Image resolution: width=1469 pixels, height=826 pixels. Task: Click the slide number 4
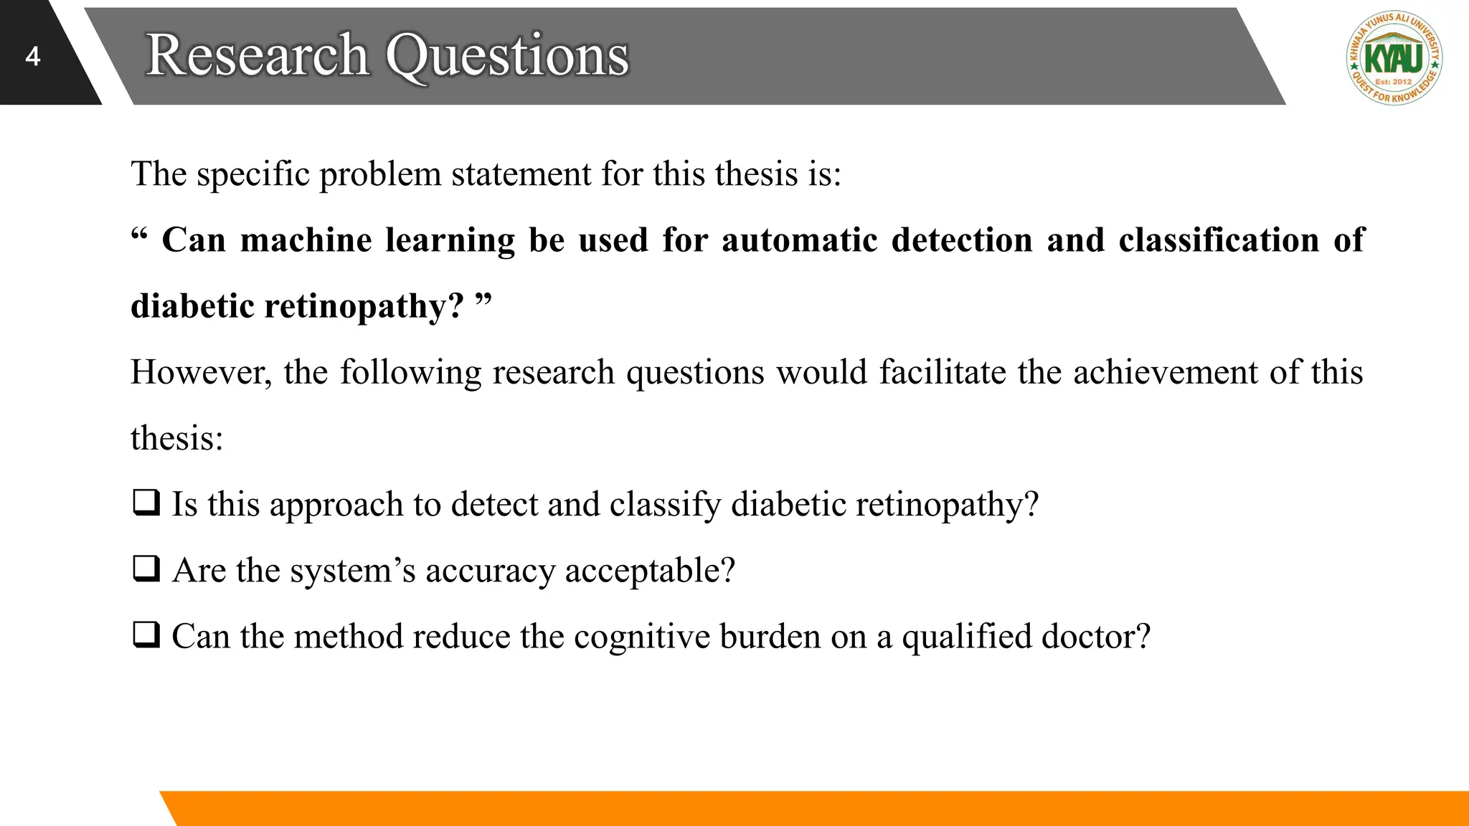tap(32, 57)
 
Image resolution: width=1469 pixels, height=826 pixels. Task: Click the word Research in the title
tap(257, 55)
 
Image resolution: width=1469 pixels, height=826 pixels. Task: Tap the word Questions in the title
tap(508, 55)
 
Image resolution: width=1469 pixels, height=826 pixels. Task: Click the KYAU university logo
tap(1394, 58)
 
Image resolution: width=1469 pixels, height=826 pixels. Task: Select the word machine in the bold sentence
tap(306, 239)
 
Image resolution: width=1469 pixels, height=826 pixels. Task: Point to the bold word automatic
tap(799, 239)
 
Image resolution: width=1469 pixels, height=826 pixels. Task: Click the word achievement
tap(1166, 372)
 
